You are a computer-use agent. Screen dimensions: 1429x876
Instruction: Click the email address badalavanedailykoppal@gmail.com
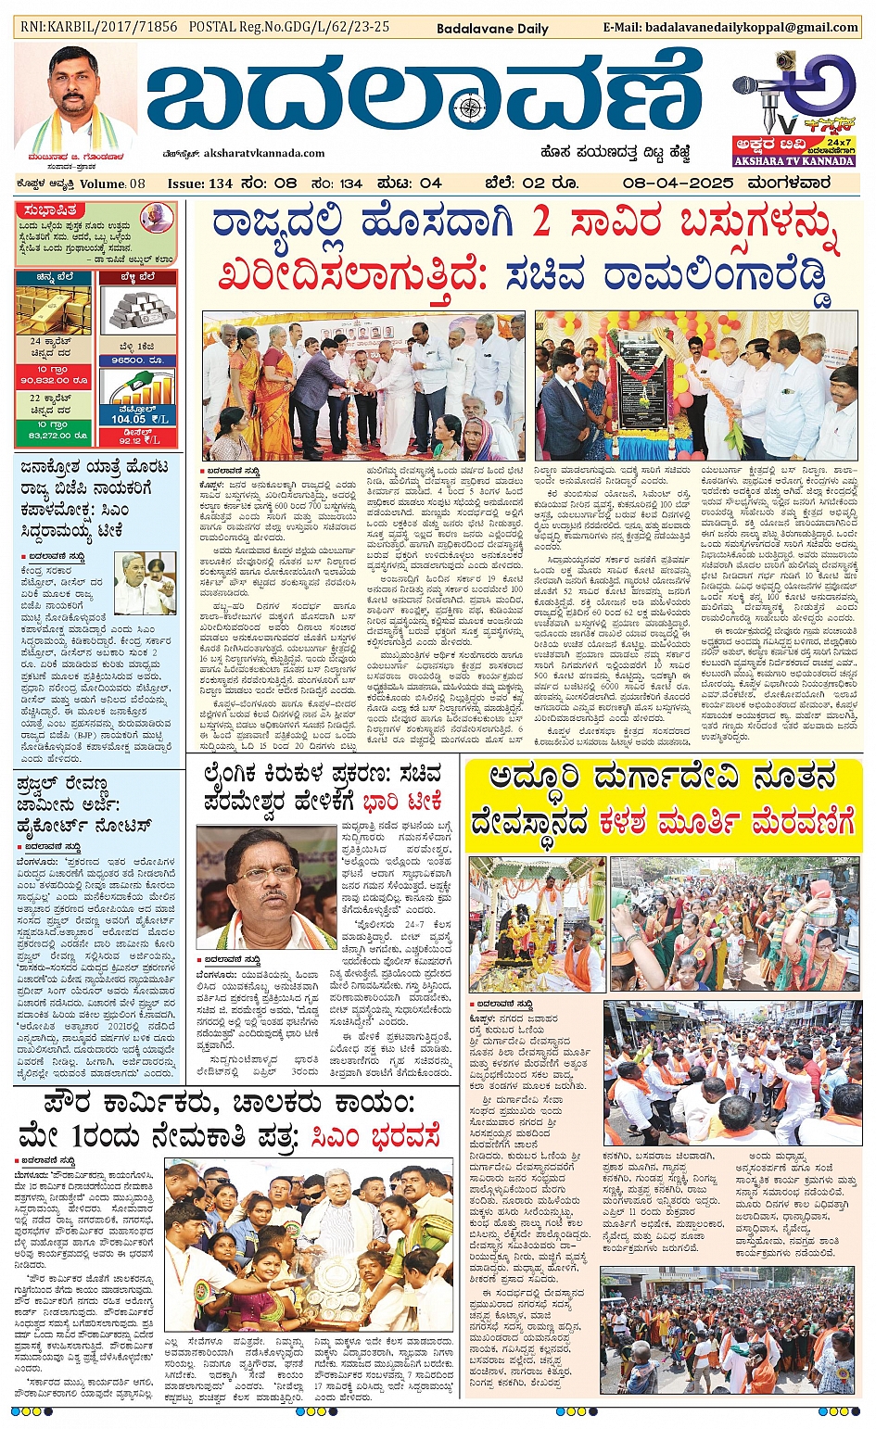click(730, 28)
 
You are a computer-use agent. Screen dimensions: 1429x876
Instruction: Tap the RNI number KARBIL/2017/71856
click(98, 27)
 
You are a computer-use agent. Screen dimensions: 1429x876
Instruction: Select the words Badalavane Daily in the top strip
click(492, 29)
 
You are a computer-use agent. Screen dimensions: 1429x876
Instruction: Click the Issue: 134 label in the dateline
click(199, 183)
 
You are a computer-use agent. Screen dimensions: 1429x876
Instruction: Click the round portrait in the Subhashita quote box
click(156, 220)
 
